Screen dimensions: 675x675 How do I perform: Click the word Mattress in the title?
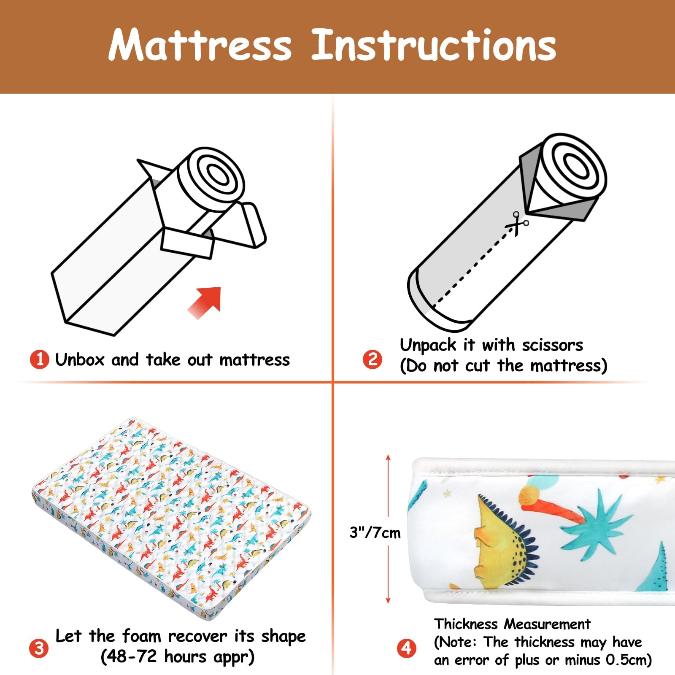pos(200,45)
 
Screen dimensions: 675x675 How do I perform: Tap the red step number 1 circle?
pos(39,360)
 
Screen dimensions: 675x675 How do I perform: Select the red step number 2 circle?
pos(373,359)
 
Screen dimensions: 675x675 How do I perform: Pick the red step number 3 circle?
pos(39,648)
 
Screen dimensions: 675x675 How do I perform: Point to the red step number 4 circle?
pos(406,648)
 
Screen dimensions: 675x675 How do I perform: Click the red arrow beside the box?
pos(205,302)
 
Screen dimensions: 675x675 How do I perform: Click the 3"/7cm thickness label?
pos(375,533)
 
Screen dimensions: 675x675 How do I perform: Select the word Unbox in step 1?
pos(80,360)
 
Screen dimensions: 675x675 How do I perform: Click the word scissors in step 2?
pos(553,345)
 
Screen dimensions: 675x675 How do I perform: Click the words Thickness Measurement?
pos(512,624)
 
